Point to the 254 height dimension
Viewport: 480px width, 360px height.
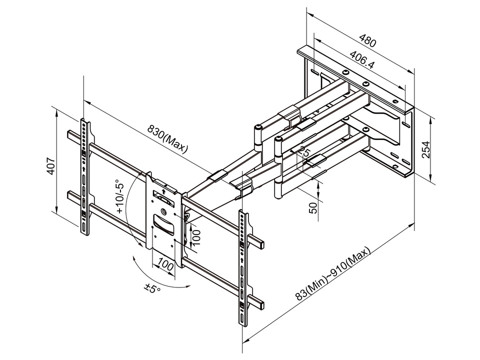425,148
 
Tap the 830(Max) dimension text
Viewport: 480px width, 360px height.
166,137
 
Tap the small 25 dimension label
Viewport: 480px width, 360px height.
307,151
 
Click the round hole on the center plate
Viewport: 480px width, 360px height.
163,210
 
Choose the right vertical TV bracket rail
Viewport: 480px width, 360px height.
243,267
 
